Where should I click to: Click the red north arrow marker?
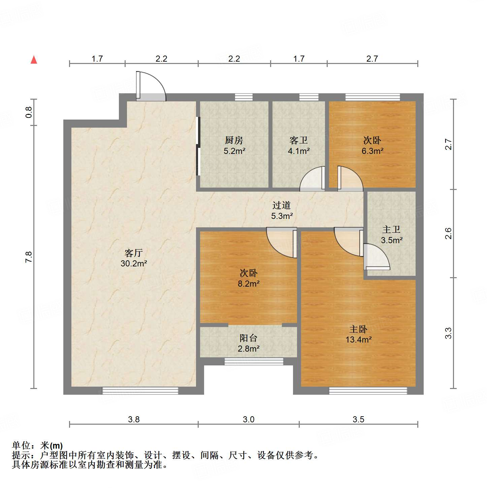(34, 60)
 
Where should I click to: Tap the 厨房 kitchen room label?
(234, 140)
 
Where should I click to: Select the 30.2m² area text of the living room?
(134, 263)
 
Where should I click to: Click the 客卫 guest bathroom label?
(298, 140)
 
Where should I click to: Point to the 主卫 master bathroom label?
(391, 230)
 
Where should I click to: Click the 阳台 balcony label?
(249, 338)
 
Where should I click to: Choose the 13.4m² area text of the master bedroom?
(358, 339)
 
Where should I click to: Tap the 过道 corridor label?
(282, 205)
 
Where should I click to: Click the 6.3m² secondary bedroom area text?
(372, 151)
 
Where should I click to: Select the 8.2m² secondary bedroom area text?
(249, 284)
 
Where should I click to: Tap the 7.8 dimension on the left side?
(29, 257)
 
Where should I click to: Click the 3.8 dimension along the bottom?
(134, 419)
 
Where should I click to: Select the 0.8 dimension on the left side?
(29, 112)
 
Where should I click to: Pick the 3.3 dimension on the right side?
(448, 333)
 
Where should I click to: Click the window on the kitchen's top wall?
(244, 97)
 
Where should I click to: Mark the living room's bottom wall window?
(140, 391)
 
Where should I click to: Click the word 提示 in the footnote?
(21, 455)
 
